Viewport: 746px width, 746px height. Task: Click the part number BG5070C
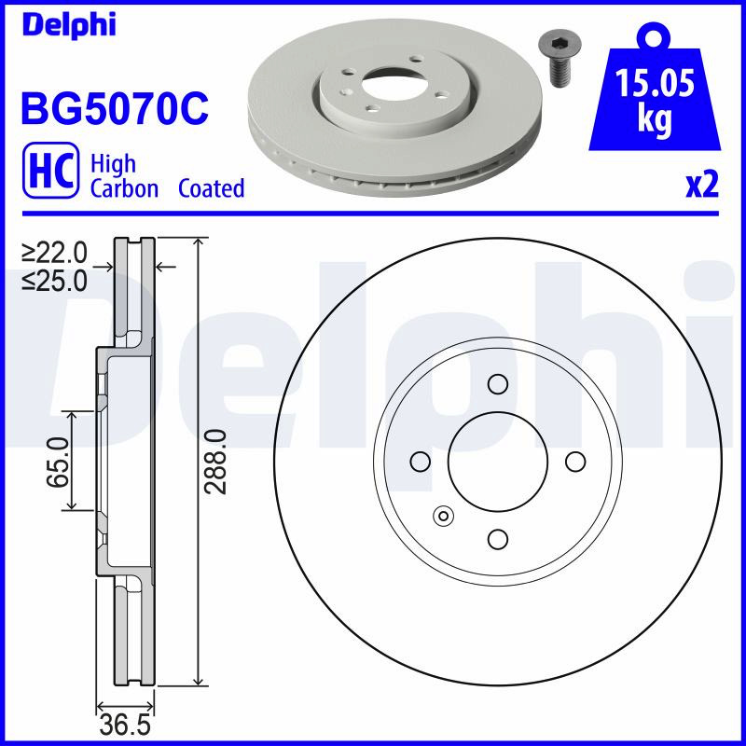click(115, 108)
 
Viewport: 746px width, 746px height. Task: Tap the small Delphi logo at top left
click(69, 24)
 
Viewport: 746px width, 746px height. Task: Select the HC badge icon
click(51, 170)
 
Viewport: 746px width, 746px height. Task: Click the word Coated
click(212, 188)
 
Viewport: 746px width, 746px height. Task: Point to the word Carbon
click(124, 188)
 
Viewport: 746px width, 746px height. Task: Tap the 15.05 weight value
click(656, 82)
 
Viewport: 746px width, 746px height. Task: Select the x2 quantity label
click(702, 185)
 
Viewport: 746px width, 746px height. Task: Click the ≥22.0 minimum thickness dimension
click(55, 253)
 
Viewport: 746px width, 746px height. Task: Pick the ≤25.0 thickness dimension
click(55, 282)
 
